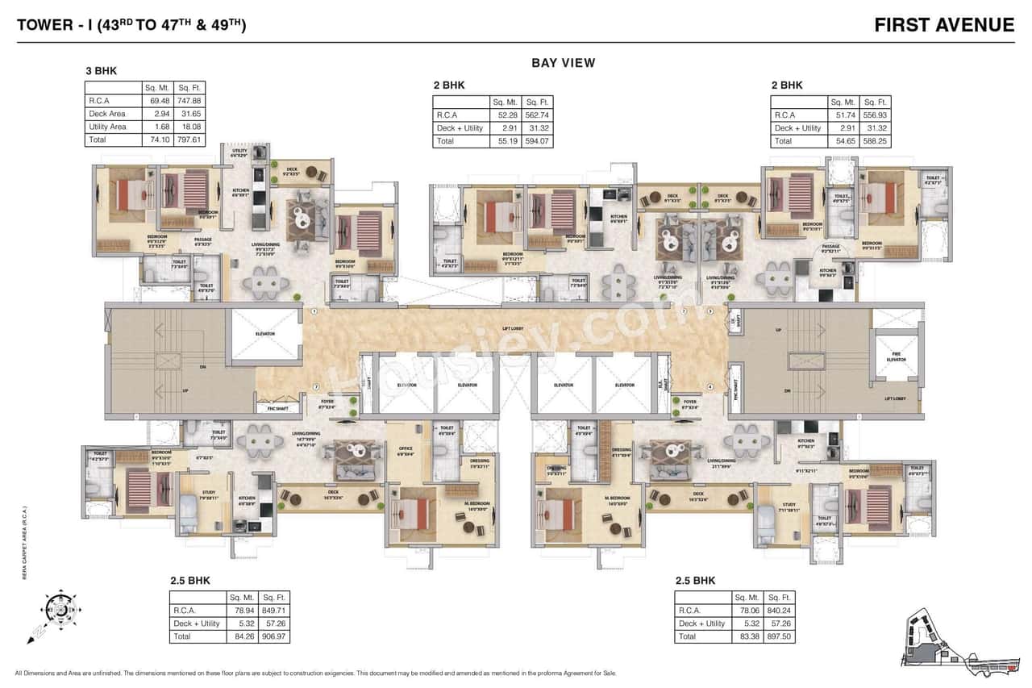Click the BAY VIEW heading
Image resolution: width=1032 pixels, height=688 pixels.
click(563, 63)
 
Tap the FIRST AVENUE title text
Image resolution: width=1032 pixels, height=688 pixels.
click(944, 25)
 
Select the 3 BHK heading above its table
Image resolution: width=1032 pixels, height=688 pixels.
click(101, 71)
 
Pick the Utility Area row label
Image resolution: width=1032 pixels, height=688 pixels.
click(107, 127)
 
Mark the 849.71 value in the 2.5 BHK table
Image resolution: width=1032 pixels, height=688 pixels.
click(273, 611)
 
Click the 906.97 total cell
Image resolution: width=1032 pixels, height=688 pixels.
click(273, 636)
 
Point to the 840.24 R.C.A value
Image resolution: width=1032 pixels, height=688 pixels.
click(778, 611)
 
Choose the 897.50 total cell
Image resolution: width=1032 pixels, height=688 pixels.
click(778, 636)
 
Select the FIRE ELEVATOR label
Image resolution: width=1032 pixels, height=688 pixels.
click(896, 357)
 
